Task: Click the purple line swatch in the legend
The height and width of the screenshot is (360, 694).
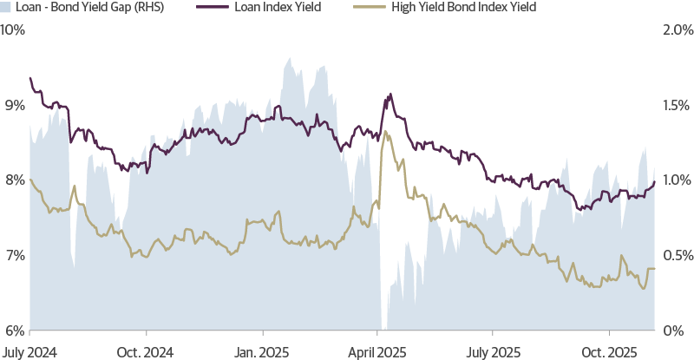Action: point(205,8)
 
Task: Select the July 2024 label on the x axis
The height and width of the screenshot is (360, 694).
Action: point(30,352)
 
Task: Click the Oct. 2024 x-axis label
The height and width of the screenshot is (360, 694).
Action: point(147,352)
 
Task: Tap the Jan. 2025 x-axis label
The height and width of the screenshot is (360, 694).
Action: point(263,352)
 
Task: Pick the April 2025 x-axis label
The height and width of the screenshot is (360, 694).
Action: point(377,352)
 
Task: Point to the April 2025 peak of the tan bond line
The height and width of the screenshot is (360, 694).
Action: point(386,133)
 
